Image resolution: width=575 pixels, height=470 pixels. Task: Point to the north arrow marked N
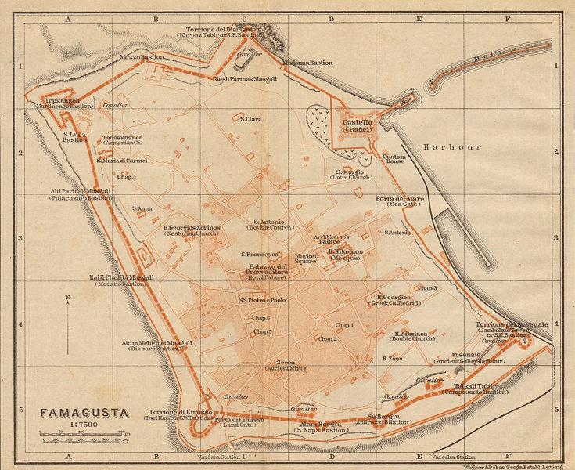[68, 321]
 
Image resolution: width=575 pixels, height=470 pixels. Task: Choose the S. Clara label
[251, 119]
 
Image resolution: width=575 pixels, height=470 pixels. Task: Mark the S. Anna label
[142, 208]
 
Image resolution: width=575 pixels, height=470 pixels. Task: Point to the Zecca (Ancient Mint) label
[282, 364]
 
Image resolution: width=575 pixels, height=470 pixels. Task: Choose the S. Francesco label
[260, 255]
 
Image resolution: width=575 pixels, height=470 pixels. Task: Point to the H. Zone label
[392, 358]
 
